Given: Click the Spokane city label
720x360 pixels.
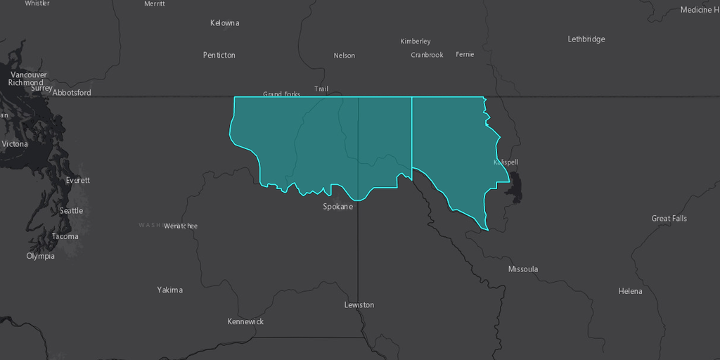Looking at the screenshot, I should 337,207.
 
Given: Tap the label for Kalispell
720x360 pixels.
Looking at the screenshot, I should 506,162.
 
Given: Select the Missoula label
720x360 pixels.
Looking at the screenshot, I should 523,269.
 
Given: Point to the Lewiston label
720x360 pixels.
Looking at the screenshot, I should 359,305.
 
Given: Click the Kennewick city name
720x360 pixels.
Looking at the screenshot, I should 245,321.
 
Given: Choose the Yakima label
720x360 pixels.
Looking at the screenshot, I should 169,290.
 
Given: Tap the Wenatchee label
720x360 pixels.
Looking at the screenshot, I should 181,226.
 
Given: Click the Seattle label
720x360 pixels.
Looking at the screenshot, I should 71,211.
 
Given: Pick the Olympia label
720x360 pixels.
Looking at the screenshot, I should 40,256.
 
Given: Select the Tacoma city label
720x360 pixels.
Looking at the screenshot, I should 65,236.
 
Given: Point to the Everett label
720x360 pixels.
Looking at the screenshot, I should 77,181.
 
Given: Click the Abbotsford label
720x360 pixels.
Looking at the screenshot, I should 72,93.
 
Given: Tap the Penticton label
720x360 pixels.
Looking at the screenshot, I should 219,55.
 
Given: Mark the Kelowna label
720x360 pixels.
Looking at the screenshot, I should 224,23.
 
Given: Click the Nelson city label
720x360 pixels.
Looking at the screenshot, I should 345,56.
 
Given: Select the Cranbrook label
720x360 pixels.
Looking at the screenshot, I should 427,55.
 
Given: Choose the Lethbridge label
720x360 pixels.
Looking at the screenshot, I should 586,39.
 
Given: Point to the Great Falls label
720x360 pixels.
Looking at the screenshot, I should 669,219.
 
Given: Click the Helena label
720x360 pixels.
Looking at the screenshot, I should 630,291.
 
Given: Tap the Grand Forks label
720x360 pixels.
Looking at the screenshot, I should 281,94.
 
